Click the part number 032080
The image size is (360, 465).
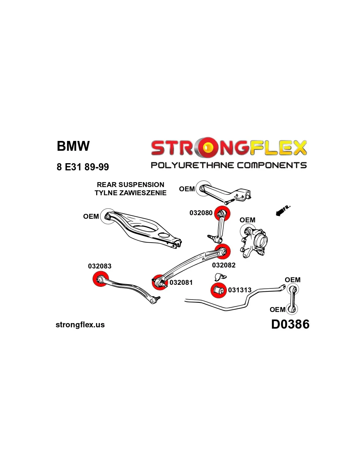tap(201, 213)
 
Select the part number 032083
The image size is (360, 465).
tap(99, 266)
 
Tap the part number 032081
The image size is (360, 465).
tap(181, 283)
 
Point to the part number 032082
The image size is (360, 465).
tap(224, 265)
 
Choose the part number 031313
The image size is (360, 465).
tap(240, 290)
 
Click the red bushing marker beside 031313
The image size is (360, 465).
tap(218, 290)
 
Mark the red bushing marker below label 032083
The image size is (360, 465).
tap(100, 279)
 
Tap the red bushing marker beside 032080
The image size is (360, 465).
tap(222, 214)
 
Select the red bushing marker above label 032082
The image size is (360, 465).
tap(223, 251)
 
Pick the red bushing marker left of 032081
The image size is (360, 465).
tap(160, 282)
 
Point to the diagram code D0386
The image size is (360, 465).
tap(290, 324)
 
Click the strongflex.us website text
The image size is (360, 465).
tap(80, 325)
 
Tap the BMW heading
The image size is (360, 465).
tap(73, 146)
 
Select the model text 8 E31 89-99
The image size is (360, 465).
tap(83, 167)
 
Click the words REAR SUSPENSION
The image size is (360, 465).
tap(130, 185)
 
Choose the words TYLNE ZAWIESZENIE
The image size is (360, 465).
tap(130, 193)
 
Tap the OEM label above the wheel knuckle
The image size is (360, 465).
tap(247, 220)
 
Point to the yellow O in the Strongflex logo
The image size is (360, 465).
tap(207, 148)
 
